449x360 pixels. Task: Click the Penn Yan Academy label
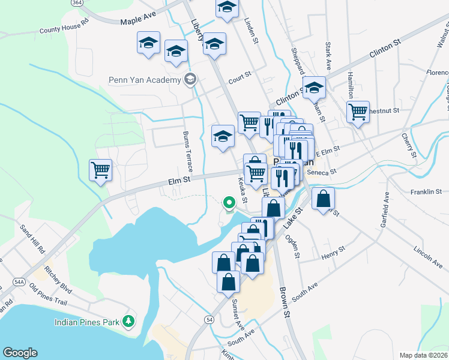[144, 80]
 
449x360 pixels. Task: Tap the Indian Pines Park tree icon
[127, 322]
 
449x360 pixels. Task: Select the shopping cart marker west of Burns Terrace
[100, 170]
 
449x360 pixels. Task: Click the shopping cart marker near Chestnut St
[358, 111]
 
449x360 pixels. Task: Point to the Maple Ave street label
[138, 21]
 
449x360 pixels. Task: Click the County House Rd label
[64, 28]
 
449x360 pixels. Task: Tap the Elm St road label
[178, 179]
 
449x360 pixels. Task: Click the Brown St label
[285, 302]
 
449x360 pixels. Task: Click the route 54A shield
[19, 281]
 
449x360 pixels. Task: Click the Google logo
[20, 353]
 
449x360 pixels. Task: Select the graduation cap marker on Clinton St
[313, 88]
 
